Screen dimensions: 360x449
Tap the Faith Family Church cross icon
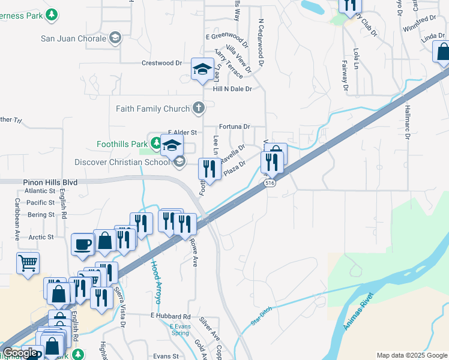click(x=199, y=109)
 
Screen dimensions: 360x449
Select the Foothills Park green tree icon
click(x=156, y=143)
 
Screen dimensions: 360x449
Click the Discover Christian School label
click(x=122, y=162)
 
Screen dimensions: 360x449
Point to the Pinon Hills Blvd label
click(x=50, y=182)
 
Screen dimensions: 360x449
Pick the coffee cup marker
click(x=82, y=244)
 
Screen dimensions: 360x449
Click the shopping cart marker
click(x=28, y=262)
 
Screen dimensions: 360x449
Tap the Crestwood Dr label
click(x=161, y=63)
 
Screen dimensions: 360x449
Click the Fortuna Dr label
click(x=235, y=127)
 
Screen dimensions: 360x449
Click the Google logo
click(x=20, y=353)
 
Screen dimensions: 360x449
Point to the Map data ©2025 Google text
click(x=412, y=355)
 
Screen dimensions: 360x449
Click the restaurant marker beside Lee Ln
click(x=209, y=169)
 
